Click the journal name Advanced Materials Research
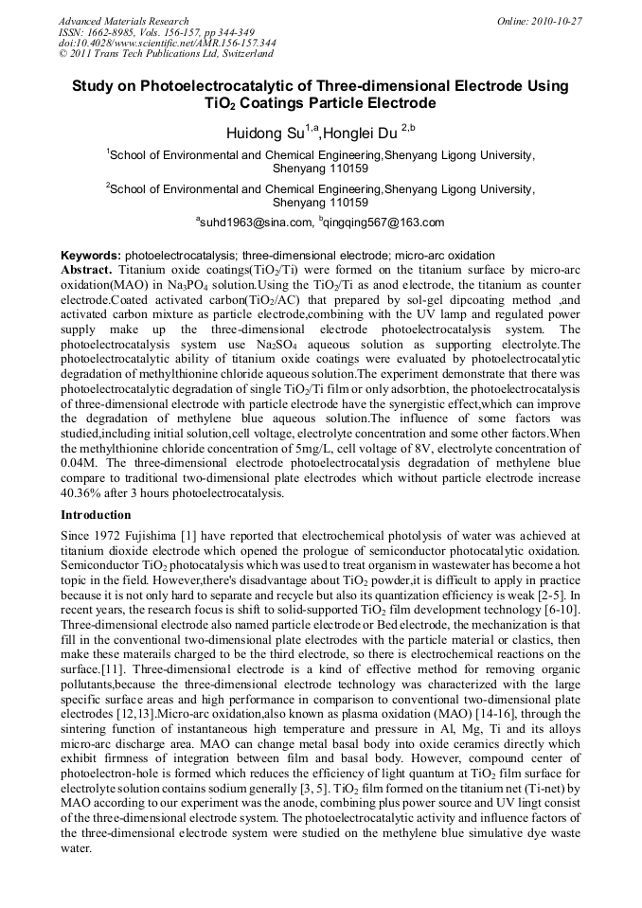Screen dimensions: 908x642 pyautogui.click(x=123, y=20)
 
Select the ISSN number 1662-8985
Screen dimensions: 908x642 pyautogui.click(x=110, y=31)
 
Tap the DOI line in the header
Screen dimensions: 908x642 pyautogui.click(x=167, y=43)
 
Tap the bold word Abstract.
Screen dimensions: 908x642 pyautogui.click(x=86, y=269)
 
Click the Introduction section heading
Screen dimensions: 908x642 pyautogui.click(x=96, y=515)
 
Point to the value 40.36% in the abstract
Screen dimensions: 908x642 pyautogui.click(x=82, y=492)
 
